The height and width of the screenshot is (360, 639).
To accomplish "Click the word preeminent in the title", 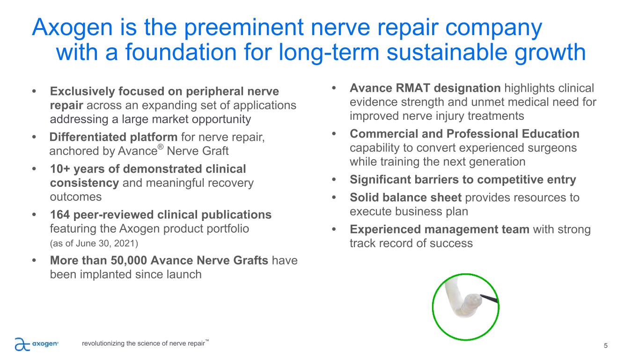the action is click(243, 28).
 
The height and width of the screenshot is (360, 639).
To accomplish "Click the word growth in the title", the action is click(550, 53).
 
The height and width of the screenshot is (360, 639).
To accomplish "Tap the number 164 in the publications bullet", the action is click(59, 215).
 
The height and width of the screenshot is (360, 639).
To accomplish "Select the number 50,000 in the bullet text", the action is click(129, 260).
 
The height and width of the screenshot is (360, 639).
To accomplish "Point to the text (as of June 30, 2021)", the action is click(94, 243).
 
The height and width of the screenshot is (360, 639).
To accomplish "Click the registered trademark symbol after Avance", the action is click(161, 147).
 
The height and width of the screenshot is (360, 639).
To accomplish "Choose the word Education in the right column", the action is click(550, 134).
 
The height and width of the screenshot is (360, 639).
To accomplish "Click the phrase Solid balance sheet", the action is click(405, 198).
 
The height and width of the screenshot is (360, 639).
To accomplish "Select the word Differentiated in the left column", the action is click(88, 137).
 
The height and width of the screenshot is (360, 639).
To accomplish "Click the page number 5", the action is click(606, 346).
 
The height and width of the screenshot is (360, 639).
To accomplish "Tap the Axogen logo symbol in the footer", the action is click(22, 344).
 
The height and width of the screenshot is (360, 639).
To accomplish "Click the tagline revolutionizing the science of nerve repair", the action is click(144, 344).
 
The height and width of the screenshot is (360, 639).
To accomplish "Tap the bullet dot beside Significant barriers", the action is click(334, 180).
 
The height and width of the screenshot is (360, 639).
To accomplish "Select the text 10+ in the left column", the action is click(60, 169).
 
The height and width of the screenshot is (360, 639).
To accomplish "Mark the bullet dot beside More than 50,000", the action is click(34, 260).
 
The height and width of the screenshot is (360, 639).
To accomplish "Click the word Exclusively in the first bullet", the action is click(82, 92).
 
